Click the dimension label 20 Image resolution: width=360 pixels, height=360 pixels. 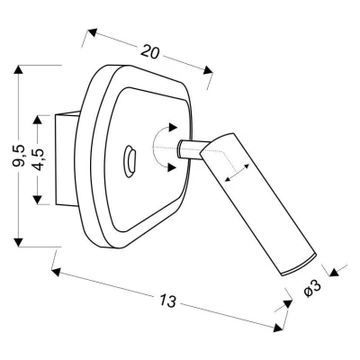point(149,51)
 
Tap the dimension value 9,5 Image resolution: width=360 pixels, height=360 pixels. point(19,156)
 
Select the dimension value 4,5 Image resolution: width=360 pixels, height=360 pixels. point(38,158)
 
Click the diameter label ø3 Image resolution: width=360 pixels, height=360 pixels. point(312,289)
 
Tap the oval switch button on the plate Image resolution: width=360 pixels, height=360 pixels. point(130,161)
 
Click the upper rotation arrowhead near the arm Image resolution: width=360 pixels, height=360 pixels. point(173,127)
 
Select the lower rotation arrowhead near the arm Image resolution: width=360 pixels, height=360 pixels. point(172,167)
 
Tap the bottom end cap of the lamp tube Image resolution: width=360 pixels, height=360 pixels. point(300,265)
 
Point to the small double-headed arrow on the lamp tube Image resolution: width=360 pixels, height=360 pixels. point(237,173)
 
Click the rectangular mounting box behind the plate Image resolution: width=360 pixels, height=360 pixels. point(67,158)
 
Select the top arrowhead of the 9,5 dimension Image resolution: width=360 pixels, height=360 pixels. point(19,70)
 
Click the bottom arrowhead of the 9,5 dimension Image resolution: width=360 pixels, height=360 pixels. point(19,242)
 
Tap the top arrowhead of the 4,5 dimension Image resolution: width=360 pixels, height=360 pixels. point(38,121)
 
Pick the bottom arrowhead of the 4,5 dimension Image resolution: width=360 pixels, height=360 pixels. point(38,200)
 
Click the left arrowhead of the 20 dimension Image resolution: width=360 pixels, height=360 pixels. point(93,32)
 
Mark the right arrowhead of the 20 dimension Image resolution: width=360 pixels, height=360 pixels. point(208,70)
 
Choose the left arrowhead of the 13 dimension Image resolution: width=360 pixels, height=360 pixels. point(57,272)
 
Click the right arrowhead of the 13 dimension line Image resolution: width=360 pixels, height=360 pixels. point(279,328)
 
